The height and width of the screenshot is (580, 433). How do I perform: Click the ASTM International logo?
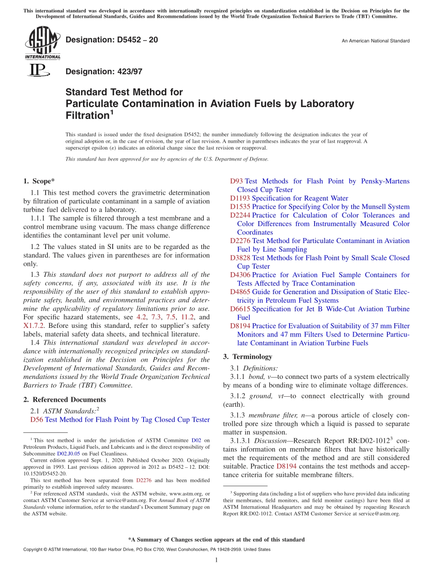pyautogui.click(x=42, y=43)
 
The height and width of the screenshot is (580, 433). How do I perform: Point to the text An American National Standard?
pyautogui.click(x=376, y=41)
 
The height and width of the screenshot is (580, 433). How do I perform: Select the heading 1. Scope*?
pyautogui.click(x=39, y=181)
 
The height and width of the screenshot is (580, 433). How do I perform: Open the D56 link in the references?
pyautogui.click(x=36, y=419)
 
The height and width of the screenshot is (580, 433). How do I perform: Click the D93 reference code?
pyautogui.click(x=237, y=181)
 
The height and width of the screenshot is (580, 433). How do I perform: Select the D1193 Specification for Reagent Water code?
pyautogui.click(x=240, y=198)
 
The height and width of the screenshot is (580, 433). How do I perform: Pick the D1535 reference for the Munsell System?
pyautogui.click(x=240, y=207)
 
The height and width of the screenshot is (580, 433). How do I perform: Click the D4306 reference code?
pyautogui.click(x=240, y=275)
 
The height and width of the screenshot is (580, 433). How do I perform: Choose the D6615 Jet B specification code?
pyautogui.click(x=240, y=309)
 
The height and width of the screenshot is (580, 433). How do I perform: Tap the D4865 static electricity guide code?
pyautogui.click(x=240, y=292)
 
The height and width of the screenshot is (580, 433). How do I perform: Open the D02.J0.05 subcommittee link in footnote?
pyautogui.click(x=68, y=454)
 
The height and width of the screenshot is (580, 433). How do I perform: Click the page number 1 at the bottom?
pyautogui.click(x=216, y=560)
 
